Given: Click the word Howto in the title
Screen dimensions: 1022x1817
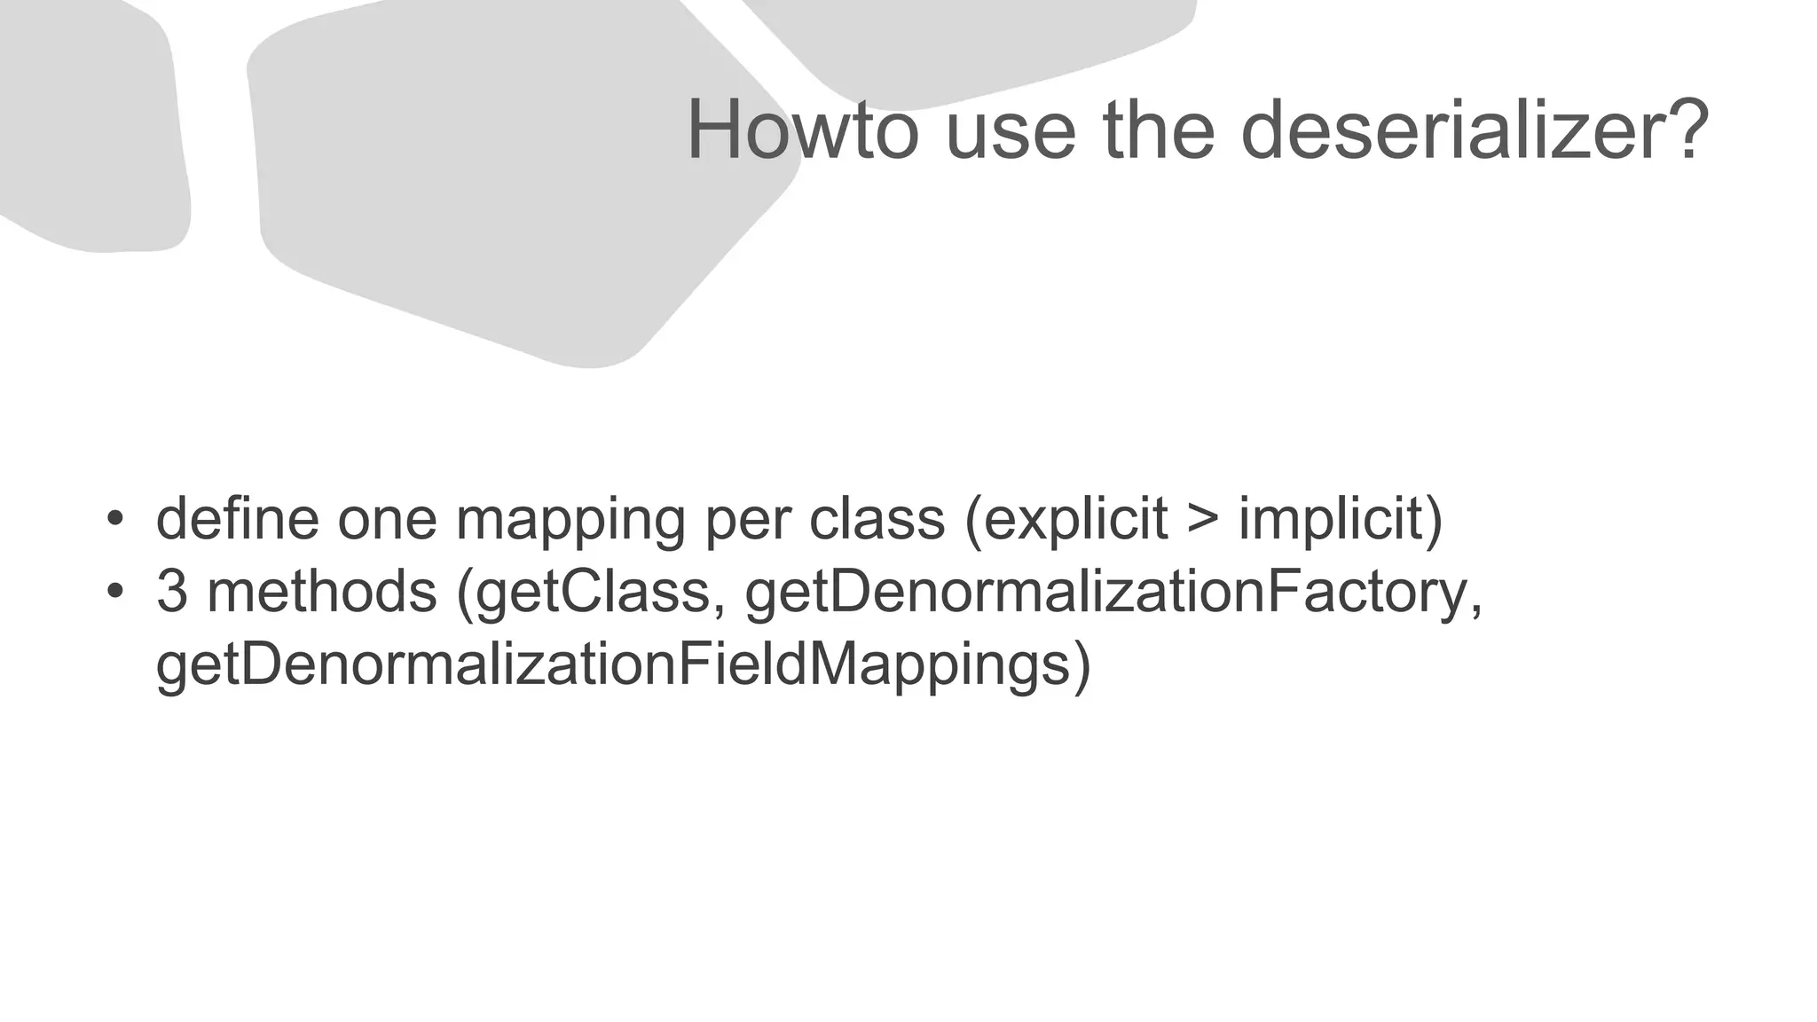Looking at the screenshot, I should (802, 130).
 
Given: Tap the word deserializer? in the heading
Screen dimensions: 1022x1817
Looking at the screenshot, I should (1473, 130).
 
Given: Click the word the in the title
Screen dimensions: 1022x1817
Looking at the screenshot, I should (1158, 130).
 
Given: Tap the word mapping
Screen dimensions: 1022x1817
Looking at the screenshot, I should (570, 521).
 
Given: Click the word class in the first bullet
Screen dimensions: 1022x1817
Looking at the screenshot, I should (877, 519).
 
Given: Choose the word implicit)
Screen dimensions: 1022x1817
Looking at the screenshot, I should (1341, 521).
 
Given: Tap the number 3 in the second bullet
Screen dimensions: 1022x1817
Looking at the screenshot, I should (171, 592).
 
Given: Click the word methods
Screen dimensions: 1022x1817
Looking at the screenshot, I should (321, 592).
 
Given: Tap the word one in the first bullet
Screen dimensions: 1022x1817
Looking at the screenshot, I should (387, 521).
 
